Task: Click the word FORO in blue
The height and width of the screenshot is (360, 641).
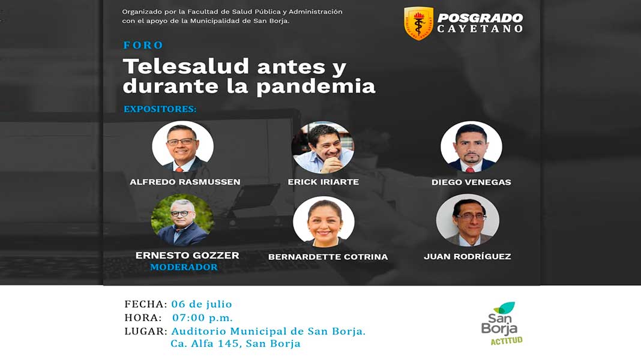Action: [143, 45]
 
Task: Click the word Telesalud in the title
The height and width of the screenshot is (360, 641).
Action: [186, 66]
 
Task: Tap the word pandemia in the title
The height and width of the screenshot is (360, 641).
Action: [316, 86]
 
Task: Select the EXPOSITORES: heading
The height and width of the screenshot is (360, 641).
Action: [160, 109]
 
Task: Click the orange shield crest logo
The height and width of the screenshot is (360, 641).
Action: [418, 23]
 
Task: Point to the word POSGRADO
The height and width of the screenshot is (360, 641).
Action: [480, 18]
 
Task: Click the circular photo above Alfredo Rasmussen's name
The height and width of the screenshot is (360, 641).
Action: [182, 146]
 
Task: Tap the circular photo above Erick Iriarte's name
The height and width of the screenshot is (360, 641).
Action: [323, 147]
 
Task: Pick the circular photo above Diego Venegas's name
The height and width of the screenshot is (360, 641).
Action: [471, 146]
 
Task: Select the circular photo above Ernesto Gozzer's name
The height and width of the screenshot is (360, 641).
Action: [182, 220]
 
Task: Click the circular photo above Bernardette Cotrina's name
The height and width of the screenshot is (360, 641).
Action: [324, 221]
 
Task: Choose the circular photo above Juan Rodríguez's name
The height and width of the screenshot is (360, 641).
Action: [468, 220]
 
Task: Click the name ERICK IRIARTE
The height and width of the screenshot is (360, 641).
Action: [324, 182]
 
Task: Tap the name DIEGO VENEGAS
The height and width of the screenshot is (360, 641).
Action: [471, 182]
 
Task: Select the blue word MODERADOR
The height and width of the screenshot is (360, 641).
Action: [184, 267]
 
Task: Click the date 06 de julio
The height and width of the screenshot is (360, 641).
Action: [202, 304]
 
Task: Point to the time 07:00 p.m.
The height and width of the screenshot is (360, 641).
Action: [202, 317]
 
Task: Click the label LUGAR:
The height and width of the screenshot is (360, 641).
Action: [146, 331]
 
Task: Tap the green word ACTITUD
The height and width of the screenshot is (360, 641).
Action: [507, 340]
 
